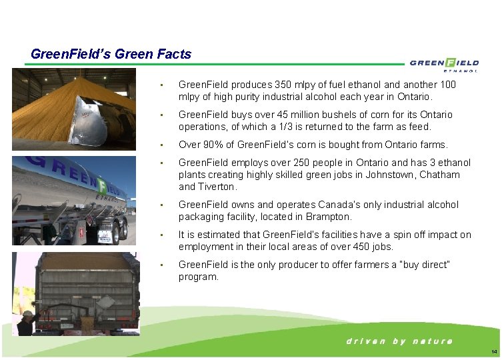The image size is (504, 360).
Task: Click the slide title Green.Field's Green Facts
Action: tap(111, 54)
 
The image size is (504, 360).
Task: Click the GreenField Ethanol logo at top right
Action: tap(444, 63)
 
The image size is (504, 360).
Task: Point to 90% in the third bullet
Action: tap(214, 145)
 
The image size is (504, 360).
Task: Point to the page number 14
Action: tap(493, 351)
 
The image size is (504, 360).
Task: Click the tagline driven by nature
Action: tap(399, 341)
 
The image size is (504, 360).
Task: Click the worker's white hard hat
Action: tap(28, 313)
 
